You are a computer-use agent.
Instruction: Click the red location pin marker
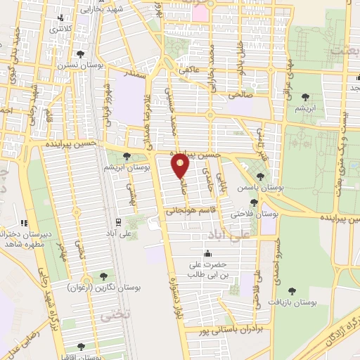[181, 165]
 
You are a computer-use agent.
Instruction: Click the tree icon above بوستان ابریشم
[126, 157]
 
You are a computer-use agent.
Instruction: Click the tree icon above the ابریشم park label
[304, 98]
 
